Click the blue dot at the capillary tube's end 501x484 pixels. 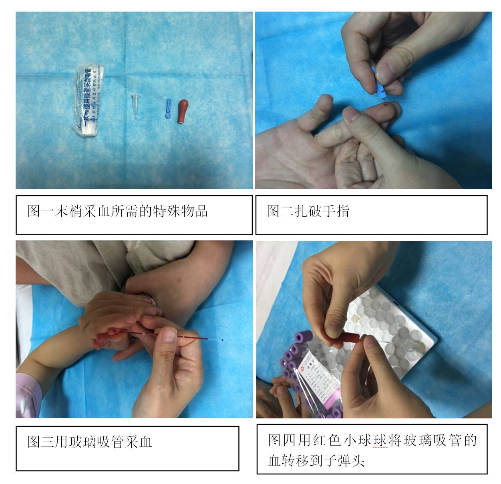pyautogui.click(x=222, y=340)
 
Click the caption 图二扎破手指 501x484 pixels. pyautogui.click(x=308, y=211)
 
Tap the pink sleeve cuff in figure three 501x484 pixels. pyautogui.click(x=28, y=394)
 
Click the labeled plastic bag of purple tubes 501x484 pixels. pyautogui.click(x=316, y=376)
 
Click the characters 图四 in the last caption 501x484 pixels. pyautogui.click(x=281, y=440)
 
